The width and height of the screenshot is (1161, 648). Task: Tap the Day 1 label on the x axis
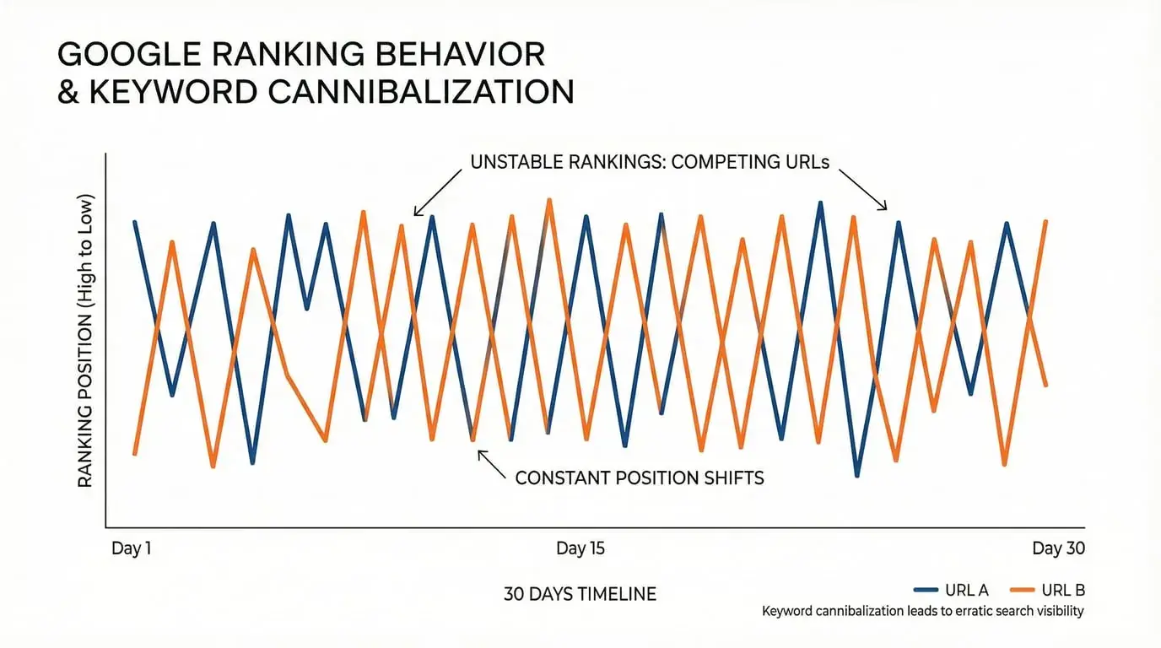(132, 548)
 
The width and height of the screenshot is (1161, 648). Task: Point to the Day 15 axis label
(580, 548)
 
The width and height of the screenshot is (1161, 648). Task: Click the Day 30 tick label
(1058, 548)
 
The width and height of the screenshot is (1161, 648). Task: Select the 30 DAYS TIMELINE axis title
(580, 594)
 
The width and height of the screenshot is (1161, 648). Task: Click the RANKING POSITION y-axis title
(85, 341)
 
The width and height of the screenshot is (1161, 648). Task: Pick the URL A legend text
(967, 590)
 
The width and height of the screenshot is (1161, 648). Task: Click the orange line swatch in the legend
(1022, 590)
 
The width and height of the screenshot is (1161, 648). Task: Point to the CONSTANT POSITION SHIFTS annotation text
(640, 478)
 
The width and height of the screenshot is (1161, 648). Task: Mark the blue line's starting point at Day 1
(135, 222)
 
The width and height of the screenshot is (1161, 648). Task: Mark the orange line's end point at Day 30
(1047, 385)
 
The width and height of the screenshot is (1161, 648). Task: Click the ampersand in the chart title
(67, 91)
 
